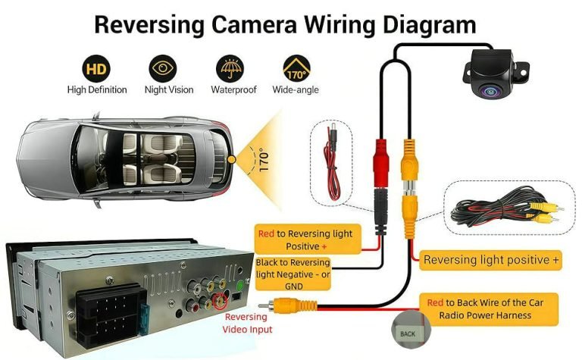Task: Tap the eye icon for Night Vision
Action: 162,69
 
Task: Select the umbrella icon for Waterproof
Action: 229,69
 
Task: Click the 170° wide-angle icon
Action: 296,69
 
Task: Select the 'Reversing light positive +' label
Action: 492,260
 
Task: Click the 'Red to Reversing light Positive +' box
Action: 306,239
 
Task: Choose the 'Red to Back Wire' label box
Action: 490,308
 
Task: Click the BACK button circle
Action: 408,333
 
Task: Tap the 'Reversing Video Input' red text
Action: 247,324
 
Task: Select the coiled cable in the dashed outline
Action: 503,208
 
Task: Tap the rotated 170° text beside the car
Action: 264,161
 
